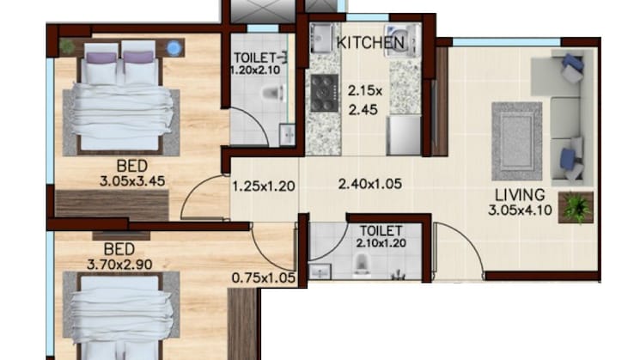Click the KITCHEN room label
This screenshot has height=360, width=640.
pyautogui.click(x=370, y=41)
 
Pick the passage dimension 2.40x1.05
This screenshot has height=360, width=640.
pyautogui.click(x=370, y=183)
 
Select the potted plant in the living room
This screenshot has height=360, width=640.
pyautogui.click(x=573, y=206)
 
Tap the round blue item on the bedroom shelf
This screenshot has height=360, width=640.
pyautogui.click(x=175, y=46)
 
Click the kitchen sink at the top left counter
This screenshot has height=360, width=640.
pyautogui.click(x=323, y=39)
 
